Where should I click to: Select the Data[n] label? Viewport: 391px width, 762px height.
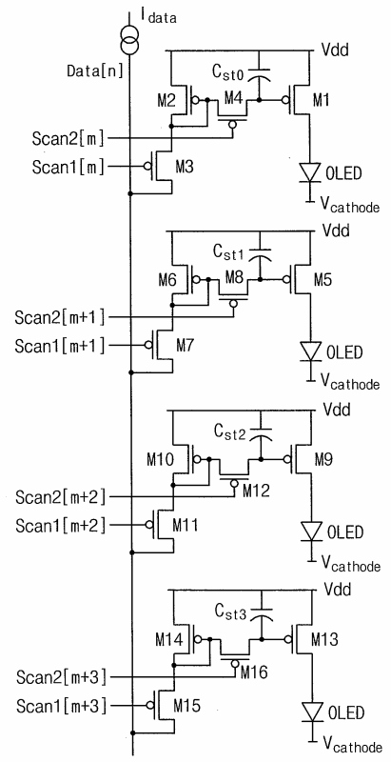(94, 71)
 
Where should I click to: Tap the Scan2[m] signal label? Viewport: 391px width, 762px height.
(68, 139)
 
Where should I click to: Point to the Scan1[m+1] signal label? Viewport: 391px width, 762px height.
(60, 347)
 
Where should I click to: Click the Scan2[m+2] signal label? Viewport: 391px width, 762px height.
(60, 497)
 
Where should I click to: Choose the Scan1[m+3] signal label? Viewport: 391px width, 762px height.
(61, 705)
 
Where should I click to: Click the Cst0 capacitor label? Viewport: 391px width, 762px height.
(230, 73)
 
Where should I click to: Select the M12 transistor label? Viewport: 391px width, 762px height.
(257, 491)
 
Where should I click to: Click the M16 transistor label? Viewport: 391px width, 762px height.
(254, 672)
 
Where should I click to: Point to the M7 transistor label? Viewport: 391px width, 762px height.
(186, 346)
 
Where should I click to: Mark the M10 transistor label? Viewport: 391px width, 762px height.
(160, 459)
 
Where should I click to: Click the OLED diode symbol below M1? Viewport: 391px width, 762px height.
(309, 172)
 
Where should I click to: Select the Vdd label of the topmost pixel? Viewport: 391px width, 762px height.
(335, 50)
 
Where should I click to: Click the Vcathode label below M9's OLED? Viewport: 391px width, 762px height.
(349, 563)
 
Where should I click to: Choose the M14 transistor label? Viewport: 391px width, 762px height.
(169, 640)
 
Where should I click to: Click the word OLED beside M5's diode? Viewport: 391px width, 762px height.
(345, 351)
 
